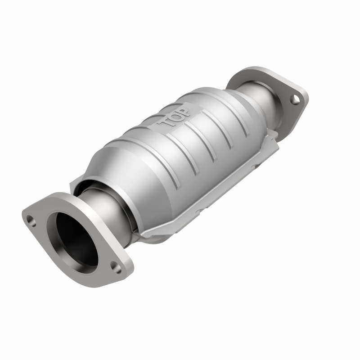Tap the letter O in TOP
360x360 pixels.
pyautogui.click(x=175, y=116)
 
